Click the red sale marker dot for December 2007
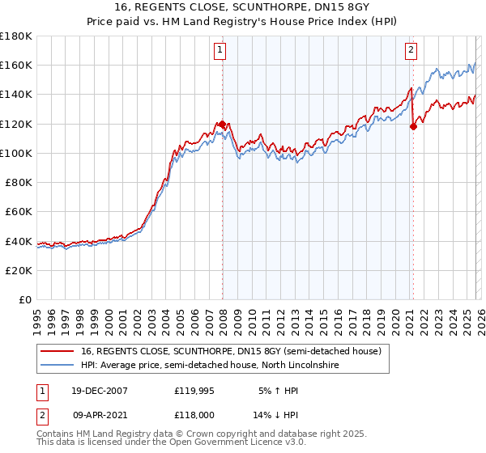[x=222, y=124]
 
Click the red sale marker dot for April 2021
[x=413, y=126]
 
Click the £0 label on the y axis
[x=26, y=299]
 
